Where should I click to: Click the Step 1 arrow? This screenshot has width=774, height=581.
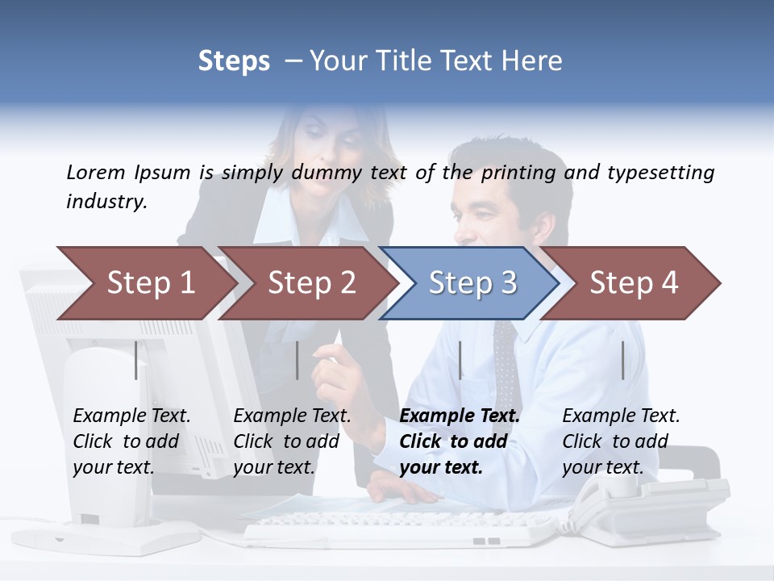pos(149,283)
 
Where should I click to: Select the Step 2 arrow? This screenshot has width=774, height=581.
pos(310,283)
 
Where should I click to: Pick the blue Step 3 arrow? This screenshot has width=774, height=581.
pos(472,283)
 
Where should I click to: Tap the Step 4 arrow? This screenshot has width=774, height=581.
pos(633,283)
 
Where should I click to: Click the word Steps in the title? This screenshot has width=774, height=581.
pos(234,61)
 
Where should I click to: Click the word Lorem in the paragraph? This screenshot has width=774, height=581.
pos(95,172)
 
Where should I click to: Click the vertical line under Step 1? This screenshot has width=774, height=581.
pos(136,360)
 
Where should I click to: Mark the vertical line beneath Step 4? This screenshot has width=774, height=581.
pos(622,360)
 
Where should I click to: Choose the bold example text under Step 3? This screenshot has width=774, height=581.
pos(460,441)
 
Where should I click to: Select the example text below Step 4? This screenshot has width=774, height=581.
pos(621,441)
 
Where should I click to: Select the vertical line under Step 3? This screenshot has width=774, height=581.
pos(460,360)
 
